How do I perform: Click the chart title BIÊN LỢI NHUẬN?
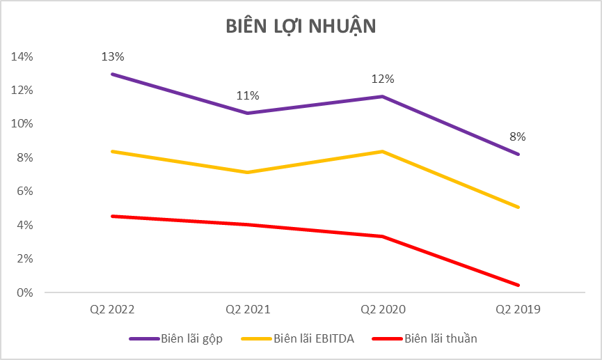301,26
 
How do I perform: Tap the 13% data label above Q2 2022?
111,56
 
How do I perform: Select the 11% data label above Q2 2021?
247,95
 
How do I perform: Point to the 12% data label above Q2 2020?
382,79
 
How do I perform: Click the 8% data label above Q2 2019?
517,136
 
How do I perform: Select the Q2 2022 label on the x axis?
112,309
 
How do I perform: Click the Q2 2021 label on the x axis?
247,309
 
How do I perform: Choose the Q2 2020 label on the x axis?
382,309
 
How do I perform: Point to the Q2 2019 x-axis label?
517,309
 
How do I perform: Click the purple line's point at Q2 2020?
382,96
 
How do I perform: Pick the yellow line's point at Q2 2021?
247,172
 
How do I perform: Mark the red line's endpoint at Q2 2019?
518,285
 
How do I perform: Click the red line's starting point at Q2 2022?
112,216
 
